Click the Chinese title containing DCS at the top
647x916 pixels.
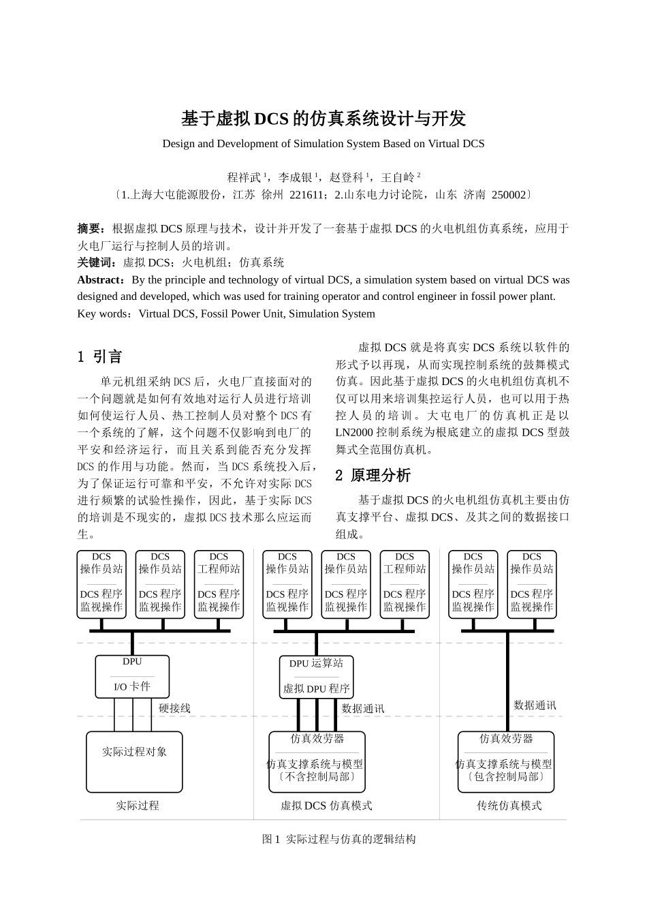[x=323, y=119]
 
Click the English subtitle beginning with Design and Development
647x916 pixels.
[x=323, y=144]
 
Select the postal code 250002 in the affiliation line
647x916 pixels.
[x=508, y=195]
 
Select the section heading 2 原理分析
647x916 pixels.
[x=373, y=476]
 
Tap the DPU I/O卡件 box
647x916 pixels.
[x=132, y=677]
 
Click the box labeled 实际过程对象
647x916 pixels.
[x=134, y=761]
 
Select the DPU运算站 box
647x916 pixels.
[x=317, y=677]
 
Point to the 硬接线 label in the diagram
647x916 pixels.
[x=174, y=708]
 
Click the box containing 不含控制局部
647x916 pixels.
[x=317, y=762]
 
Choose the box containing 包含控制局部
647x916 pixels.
[x=505, y=762]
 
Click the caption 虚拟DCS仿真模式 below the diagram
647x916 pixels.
[x=326, y=806]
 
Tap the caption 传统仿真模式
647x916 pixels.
[x=509, y=806]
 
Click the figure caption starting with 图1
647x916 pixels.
[x=338, y=839]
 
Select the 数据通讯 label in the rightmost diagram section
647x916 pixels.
[x=535, y=705]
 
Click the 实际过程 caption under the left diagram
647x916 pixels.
[x=137, y=806]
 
